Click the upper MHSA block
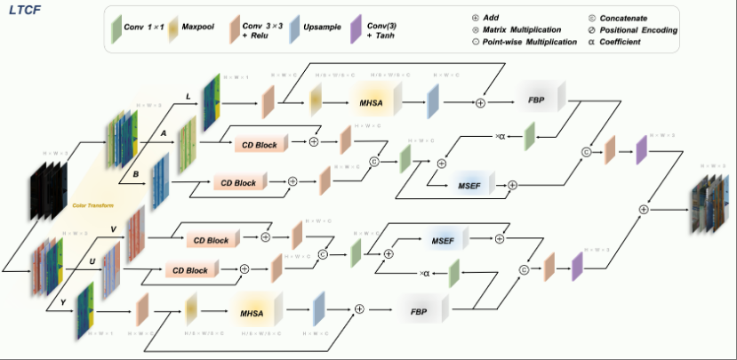(374, 103)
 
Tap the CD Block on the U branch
(188, 270)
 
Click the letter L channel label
(186, 94)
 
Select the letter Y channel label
(63, 301)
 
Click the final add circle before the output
(644, 208)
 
